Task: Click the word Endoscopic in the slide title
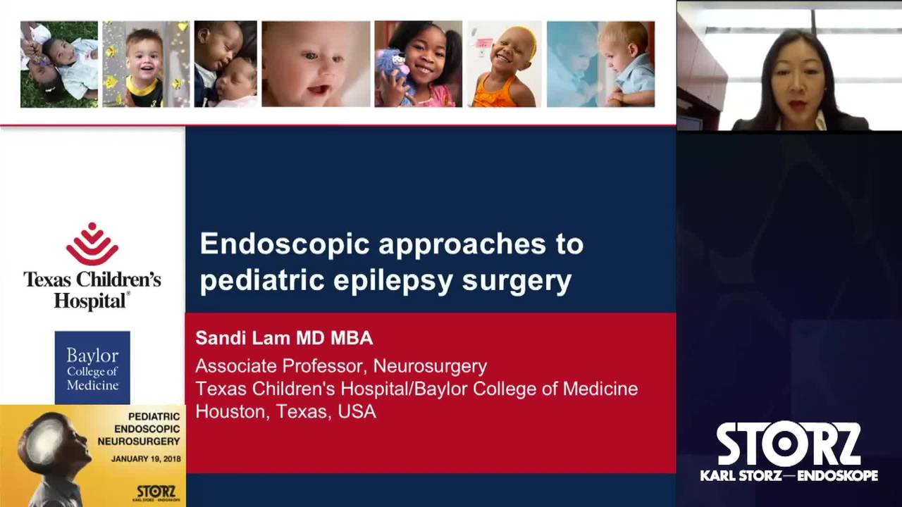pyautogui.click(x=285, y=244)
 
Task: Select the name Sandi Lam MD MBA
pyautogui.click(x=284, y=338)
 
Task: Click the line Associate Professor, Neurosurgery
pyautogui.click(x=341, y=366)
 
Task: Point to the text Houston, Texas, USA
pyautogui.click(x=285, y=412)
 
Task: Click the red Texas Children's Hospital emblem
pyautogui.click(x=92, y=244)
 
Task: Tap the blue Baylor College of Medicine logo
pyautogui.click(x=92, y=368)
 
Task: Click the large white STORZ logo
pyautogui.click(x=789, y=444)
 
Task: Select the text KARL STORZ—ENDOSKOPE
pyautogui.click(x=789, y=476)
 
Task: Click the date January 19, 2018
pyautogui.click(x=146, y=458)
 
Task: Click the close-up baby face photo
pyautogui.click(x=316, y=64)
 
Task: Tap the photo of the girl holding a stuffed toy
pyautogui.click(x=418, y=64)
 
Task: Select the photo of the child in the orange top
pyautogui.click(x=505, y=64)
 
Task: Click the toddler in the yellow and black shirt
pyautogui.click(x=146, y=64)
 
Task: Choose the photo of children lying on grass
pyautogui.click(x=59, y=64)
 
